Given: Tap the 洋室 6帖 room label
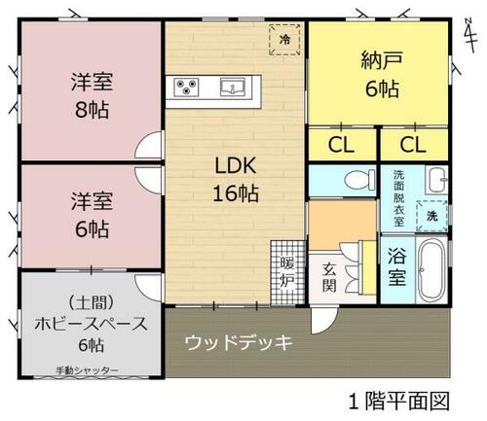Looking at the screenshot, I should click(91, 215).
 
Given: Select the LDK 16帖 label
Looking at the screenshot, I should click(237, 178).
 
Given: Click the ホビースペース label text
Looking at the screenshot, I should click(91, 324).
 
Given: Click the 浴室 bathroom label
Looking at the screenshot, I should click(397, 265).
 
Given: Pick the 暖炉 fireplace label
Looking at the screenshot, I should click(287, 272).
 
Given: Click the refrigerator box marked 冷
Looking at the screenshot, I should click(284, 40).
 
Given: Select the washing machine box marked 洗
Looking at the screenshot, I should click(431, 214).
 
